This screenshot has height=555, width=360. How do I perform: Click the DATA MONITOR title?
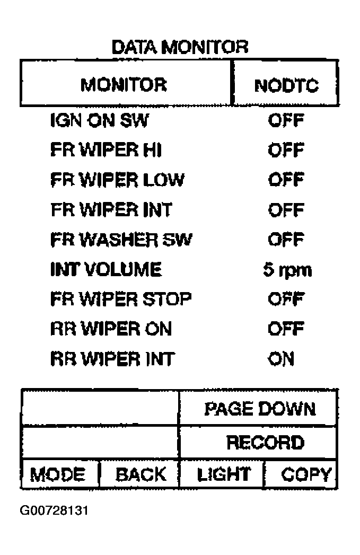[180, 47]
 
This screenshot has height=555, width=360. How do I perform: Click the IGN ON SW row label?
[100, 120]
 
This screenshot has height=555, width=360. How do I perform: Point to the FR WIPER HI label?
[106, 149]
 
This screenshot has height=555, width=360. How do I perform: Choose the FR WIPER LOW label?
[117, 180]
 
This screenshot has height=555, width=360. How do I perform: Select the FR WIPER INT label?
[111, 209]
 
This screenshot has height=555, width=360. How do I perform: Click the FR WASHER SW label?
[121, 239]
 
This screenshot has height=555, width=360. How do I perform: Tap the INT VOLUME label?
[106, 269]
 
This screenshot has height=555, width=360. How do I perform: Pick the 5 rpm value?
[287, 270]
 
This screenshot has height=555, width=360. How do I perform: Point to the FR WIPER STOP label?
[121, 299]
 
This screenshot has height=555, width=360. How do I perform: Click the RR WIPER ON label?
[111, 329]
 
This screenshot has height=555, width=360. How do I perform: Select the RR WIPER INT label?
[112, 358]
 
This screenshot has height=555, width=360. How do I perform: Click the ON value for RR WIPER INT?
[281, 358]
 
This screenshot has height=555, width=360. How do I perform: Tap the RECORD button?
[258, 442]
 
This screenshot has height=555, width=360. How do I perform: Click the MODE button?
[60, 474]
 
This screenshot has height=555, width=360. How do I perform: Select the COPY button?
[301, 474]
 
